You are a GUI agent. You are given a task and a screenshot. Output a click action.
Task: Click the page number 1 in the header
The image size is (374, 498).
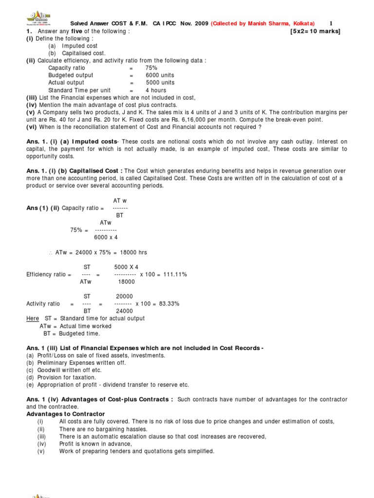click(331, 23)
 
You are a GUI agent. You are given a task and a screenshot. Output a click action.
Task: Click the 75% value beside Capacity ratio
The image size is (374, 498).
click(151, 68)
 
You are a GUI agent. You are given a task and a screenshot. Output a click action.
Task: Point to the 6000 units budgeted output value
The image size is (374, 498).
click(160, 75)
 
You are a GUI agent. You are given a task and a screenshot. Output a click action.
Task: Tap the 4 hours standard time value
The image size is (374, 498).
click(156, 90)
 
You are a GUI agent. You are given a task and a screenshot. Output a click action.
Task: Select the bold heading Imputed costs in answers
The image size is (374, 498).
click(95, 142)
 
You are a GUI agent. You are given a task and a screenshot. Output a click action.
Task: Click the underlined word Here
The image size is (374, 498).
click(33, 319)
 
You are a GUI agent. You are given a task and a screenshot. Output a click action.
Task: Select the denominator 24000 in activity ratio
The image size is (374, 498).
click(124, 311)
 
